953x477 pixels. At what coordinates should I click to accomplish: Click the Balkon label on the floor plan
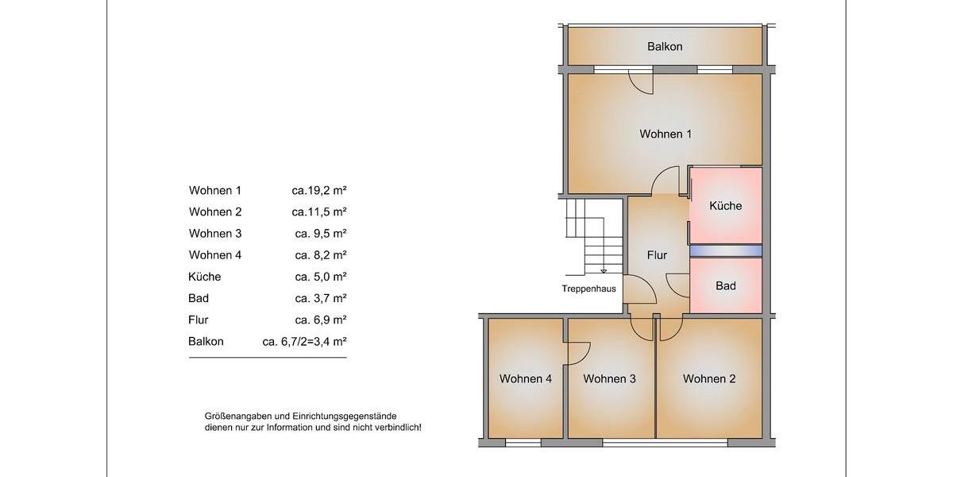[x=665, y=47]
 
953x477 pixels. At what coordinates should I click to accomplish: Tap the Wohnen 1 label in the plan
[x=666, y=134]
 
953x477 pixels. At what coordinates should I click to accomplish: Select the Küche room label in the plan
[x=725, y=206]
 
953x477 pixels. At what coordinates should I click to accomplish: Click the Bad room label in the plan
[x=725, y=286]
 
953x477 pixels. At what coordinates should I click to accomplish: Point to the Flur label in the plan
[x=657, y=255]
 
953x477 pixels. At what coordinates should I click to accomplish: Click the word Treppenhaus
[x=588, y=289]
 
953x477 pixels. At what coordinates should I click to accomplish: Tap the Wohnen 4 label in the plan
[x=525, y=379]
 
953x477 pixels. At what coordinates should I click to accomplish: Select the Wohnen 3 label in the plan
[x=609, y=379]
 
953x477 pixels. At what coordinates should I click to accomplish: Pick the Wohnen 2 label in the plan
[x=709, y=379]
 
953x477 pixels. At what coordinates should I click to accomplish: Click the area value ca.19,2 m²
[x=319, y=191]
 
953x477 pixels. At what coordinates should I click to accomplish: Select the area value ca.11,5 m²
[x=319, y=212]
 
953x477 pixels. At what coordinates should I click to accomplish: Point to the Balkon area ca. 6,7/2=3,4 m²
[x=304, y=342]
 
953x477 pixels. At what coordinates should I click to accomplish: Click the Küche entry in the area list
[x=205, y=277]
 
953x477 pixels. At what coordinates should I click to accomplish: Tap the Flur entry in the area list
[x=199, y=320]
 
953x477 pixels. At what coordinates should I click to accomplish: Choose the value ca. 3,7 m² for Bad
[x=321, y=299]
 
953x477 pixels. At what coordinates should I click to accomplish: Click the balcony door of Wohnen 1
[x=640, y=81]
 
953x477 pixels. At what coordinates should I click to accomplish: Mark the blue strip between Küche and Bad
[x=725, y=250]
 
